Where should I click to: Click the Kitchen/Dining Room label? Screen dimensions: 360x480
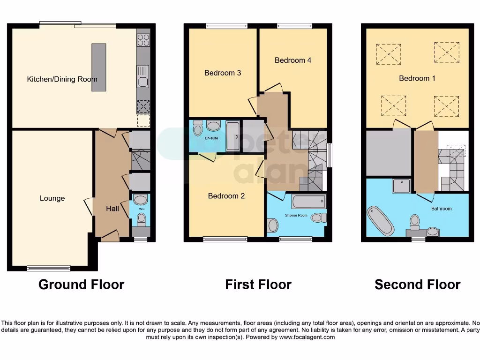(x=62, y=79)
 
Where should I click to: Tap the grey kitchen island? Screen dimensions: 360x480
(x=99, y=67)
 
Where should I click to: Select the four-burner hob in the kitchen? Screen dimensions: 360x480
(x=143, y=40)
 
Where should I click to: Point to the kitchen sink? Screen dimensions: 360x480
(x=143, y=77)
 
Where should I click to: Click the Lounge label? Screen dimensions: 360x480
(x=52, y=198)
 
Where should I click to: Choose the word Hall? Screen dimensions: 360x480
(x=112, y=209)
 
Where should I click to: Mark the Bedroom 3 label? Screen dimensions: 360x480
(x=223, y=73)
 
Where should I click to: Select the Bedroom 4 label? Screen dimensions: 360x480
(x=293, y=60)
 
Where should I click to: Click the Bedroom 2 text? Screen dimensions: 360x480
(x=226, y=196)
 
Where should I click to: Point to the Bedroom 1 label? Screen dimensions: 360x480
(x=417, y=78)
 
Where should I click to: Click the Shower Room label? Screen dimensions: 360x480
(x=295, y=215)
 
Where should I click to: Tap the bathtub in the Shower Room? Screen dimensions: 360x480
(x=308, y=202)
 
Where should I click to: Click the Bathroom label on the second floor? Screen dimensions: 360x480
(x=441, y=209)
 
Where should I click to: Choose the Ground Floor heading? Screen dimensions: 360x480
(x=81, y=285)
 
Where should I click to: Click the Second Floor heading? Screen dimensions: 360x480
(x=417, y=285)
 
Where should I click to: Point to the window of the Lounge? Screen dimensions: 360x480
(x=49, y=269)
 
